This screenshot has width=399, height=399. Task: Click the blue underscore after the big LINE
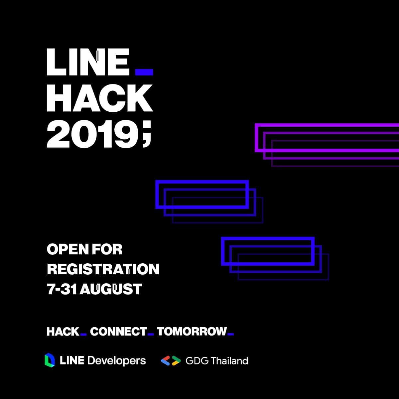click(x=144, y=72)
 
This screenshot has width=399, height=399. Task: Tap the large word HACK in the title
click(x=100, y=98)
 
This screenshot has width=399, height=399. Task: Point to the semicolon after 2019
click(x=147, y=135)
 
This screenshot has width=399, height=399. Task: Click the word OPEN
click(x=68, y=249)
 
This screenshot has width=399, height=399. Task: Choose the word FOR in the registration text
click(x=107, y=249)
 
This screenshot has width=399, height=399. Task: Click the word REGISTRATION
click(x=103, y=269)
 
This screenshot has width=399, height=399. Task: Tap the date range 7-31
click(x=62, y=289)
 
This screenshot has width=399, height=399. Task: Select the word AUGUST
click(x=111, y=289)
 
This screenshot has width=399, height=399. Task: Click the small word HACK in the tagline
click(x=63, y=332)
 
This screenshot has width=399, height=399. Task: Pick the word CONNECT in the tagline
click(x=119, y=332)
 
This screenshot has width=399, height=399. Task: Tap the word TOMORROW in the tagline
click(x=192, y=332)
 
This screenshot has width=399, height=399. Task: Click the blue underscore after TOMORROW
click(x=231, y=334)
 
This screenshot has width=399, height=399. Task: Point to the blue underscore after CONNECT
click(x=151, y=334)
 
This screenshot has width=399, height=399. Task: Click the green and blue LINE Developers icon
click(x=50, y=360)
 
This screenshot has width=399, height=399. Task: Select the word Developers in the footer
click(x=117, y=361)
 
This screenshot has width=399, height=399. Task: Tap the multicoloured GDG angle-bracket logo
click(x=171, y=361)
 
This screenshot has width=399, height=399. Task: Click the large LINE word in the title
click(x=88, y=62)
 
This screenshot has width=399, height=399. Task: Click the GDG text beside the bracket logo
click(x=197, y=361)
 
